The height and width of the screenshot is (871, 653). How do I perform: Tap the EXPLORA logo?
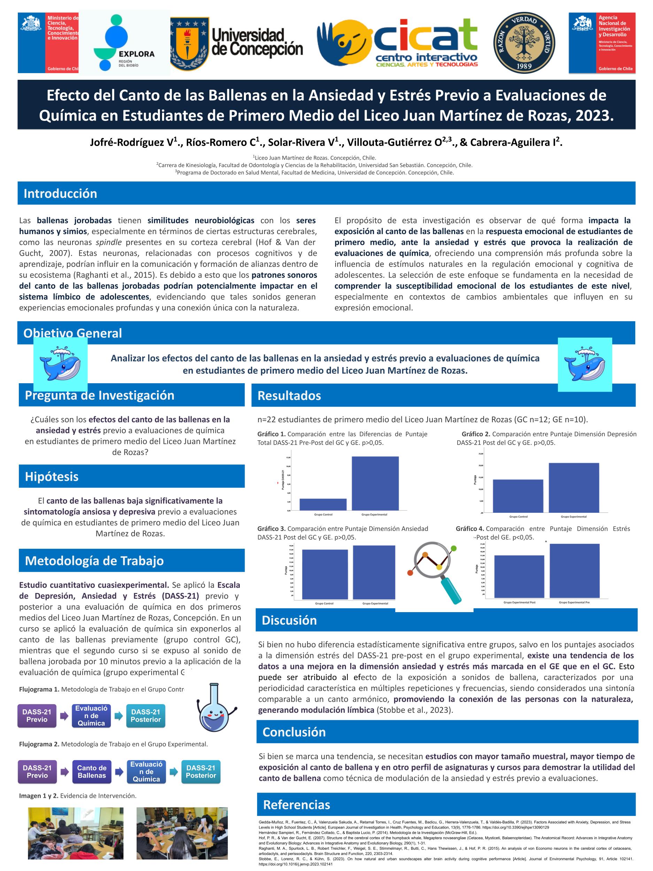pos(125,43)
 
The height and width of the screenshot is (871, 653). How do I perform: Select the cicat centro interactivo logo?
pos(399,43)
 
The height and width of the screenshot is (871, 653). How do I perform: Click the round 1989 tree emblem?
pos(526,43)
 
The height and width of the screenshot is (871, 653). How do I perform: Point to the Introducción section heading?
pos(60,193)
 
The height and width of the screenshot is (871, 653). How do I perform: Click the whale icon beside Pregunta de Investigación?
pos(60,364)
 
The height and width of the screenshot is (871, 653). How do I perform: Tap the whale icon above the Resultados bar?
pos(584,364)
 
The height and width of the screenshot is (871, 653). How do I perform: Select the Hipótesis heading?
pos(52,477)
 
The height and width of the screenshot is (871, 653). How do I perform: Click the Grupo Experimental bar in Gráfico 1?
pos(375,483)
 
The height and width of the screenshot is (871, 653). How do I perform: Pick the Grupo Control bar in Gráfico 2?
pos(517,495)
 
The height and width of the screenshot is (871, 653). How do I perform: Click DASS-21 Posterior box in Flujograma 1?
pos(146,716)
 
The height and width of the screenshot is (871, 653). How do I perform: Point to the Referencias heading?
pos(296,804)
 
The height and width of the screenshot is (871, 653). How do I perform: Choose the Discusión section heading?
pos(289,620)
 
